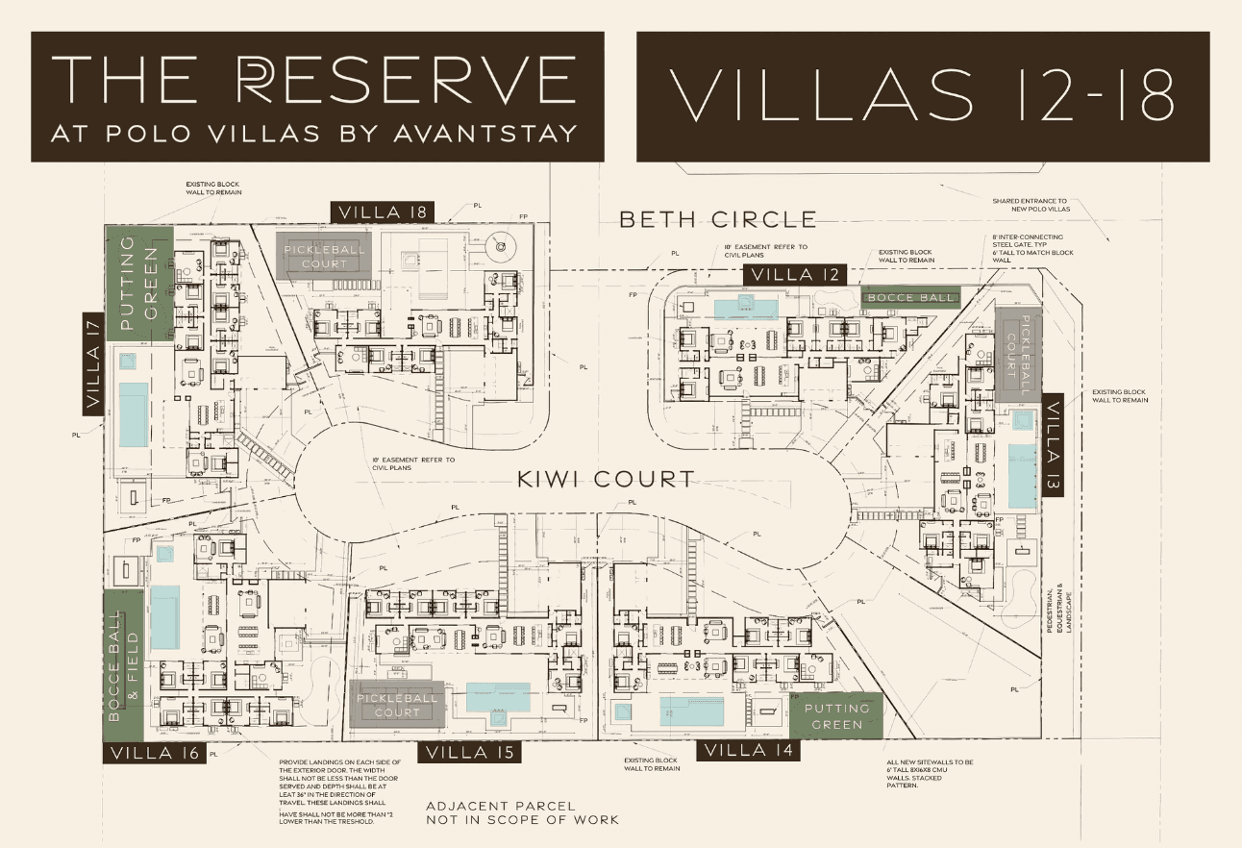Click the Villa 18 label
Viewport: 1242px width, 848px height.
[383, 212]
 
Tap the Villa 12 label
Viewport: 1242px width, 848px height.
[796, 275]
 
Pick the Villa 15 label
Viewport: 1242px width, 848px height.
[470, 752]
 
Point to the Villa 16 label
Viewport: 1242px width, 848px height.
[154, 753]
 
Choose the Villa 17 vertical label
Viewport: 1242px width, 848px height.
[93, 363]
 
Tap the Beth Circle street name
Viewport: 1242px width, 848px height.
[717, 219]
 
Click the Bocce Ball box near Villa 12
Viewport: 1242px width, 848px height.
[910, 297]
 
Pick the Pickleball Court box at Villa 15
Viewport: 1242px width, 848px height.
[398, 705]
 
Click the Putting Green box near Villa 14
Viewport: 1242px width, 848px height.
[835, 715]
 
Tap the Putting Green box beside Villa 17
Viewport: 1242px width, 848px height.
[138, 280]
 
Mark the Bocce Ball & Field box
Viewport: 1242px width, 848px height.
[123, 664]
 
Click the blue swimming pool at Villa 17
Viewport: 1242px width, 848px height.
[134, 414]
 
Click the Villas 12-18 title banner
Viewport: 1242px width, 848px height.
[922, 96]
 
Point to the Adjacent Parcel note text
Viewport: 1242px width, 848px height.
[523, 812]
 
